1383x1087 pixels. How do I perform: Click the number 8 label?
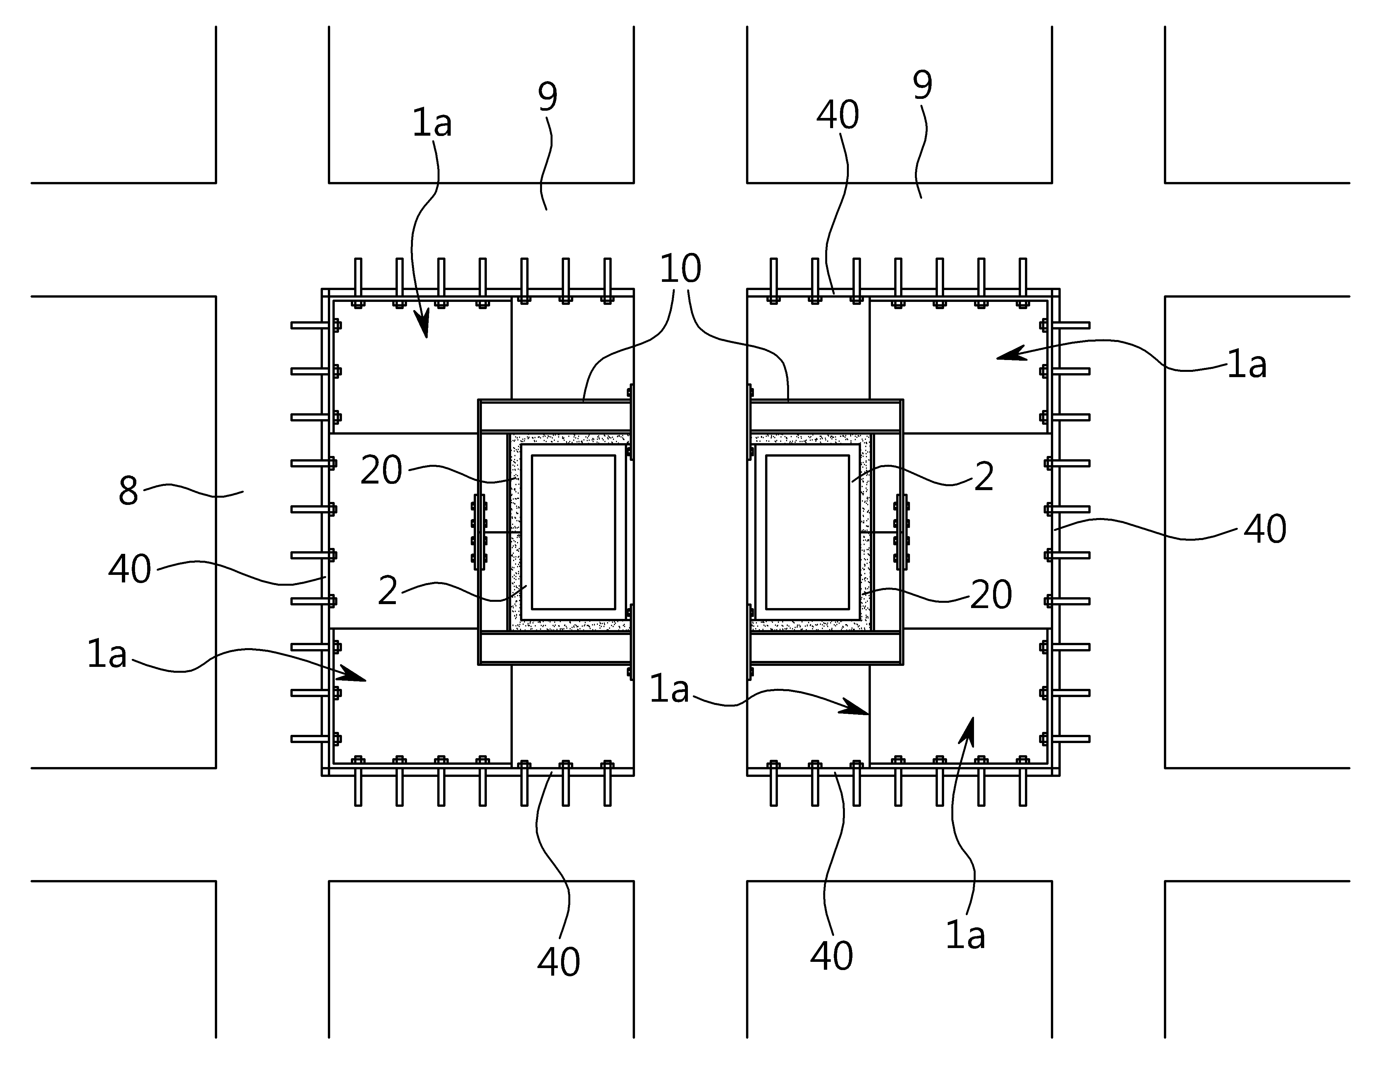click(128, 491)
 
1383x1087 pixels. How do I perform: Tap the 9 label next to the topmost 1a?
click(547, 97)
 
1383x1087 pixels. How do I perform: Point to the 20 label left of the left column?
click(381, 471)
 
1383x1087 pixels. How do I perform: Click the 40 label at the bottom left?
click(559, 962)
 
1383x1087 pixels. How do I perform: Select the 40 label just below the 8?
click(130, 569)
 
